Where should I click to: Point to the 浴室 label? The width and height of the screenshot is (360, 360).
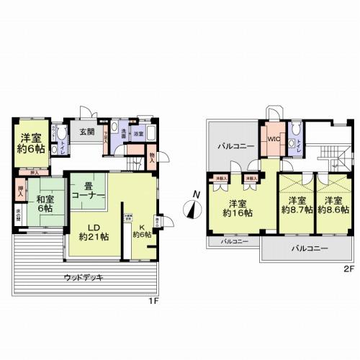coord(136,134)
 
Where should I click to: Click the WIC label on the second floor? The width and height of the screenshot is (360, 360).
coord(274,138)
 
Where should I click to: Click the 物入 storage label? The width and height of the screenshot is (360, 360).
coord(153,156)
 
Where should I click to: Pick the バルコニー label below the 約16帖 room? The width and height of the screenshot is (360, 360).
coord(235,240)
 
